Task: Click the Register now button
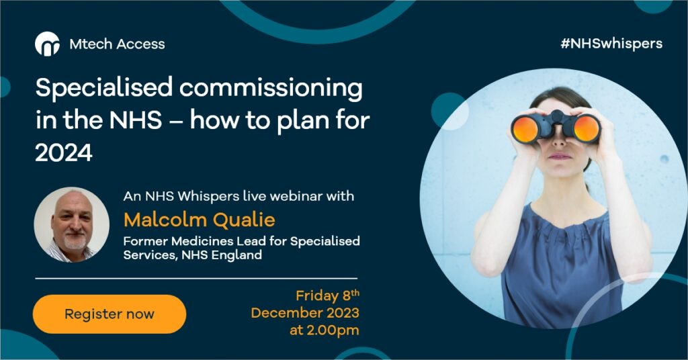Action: point(110,314)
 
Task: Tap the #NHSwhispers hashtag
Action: point(611,44)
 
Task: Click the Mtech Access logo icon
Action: point(48,44)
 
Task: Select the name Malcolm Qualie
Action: point(199,220)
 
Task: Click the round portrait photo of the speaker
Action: point(71,225)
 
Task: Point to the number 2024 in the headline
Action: point(64,153)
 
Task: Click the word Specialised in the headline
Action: point(104,88)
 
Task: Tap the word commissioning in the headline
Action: point(271,88)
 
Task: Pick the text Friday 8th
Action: point(327,295)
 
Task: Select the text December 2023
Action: point(305,312)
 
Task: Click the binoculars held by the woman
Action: point(556,127)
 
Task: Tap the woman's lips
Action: point(560,156)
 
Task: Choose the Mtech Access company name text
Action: point(117,44)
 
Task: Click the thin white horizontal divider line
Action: point(196,279)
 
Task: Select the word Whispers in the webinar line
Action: point(208,196)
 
